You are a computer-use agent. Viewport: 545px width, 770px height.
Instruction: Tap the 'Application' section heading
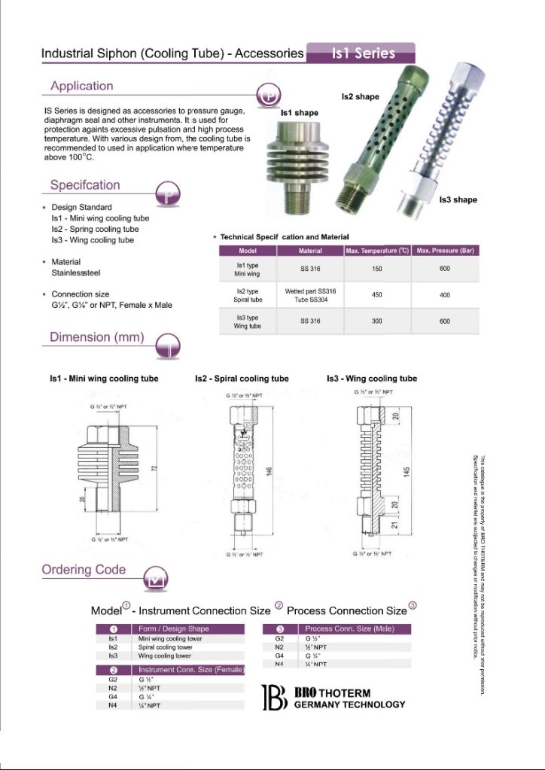pos(81,86)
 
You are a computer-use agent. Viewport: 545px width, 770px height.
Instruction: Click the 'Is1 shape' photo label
pos(299,113)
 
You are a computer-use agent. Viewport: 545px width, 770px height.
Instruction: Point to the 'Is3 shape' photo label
pos(458,200)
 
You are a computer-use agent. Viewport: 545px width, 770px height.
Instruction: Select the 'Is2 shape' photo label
pos(360,97)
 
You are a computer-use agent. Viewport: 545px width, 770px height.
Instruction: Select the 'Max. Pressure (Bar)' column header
pos(445,251)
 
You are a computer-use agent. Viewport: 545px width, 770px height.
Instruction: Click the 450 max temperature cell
pos(377,295)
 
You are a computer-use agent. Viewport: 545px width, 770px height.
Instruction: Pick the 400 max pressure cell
pos(445,295)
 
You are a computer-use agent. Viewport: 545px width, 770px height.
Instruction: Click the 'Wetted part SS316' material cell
pos(310,291)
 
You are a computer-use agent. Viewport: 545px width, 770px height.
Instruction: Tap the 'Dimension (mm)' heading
pos(96,337)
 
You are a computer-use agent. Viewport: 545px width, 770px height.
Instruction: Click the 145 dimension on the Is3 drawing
pos(406,470)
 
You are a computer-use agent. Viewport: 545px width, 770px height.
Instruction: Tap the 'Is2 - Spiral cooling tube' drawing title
pos(242,379)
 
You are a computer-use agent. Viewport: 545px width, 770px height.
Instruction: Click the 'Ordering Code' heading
pos(84,570)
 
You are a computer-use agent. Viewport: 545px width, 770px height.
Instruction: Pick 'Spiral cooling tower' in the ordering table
pos(165,647)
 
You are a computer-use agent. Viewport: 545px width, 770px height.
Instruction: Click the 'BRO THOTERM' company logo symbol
pos(274,698)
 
